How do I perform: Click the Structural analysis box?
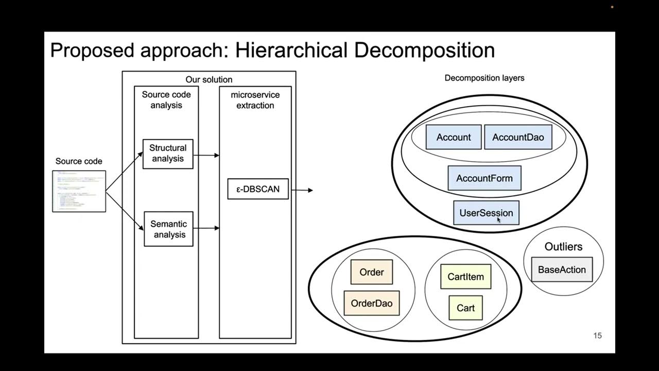(x=168, y=154)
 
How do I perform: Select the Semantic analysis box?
(x=168, y=229)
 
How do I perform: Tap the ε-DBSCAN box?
(x=258, y=189)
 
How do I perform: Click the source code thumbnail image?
(x=79, y=191)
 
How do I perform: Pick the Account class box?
(x=453, y=137)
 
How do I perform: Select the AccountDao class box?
(x=517, y=137)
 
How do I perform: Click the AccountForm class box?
(x=484, y=178)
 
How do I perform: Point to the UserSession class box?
(x=486, y=213)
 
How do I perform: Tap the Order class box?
(x=371, y=272)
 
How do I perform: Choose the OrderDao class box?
(x=371, y=303)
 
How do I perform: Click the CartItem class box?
(x=465, y=277)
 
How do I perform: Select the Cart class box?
(x=465, y=308)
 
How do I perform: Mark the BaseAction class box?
(x=562, y=269)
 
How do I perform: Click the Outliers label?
(x=563, y=247)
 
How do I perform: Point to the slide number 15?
(x=597, y=335)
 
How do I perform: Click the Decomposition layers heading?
(x=484, y=78)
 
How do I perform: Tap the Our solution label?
(x=209, y=79)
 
